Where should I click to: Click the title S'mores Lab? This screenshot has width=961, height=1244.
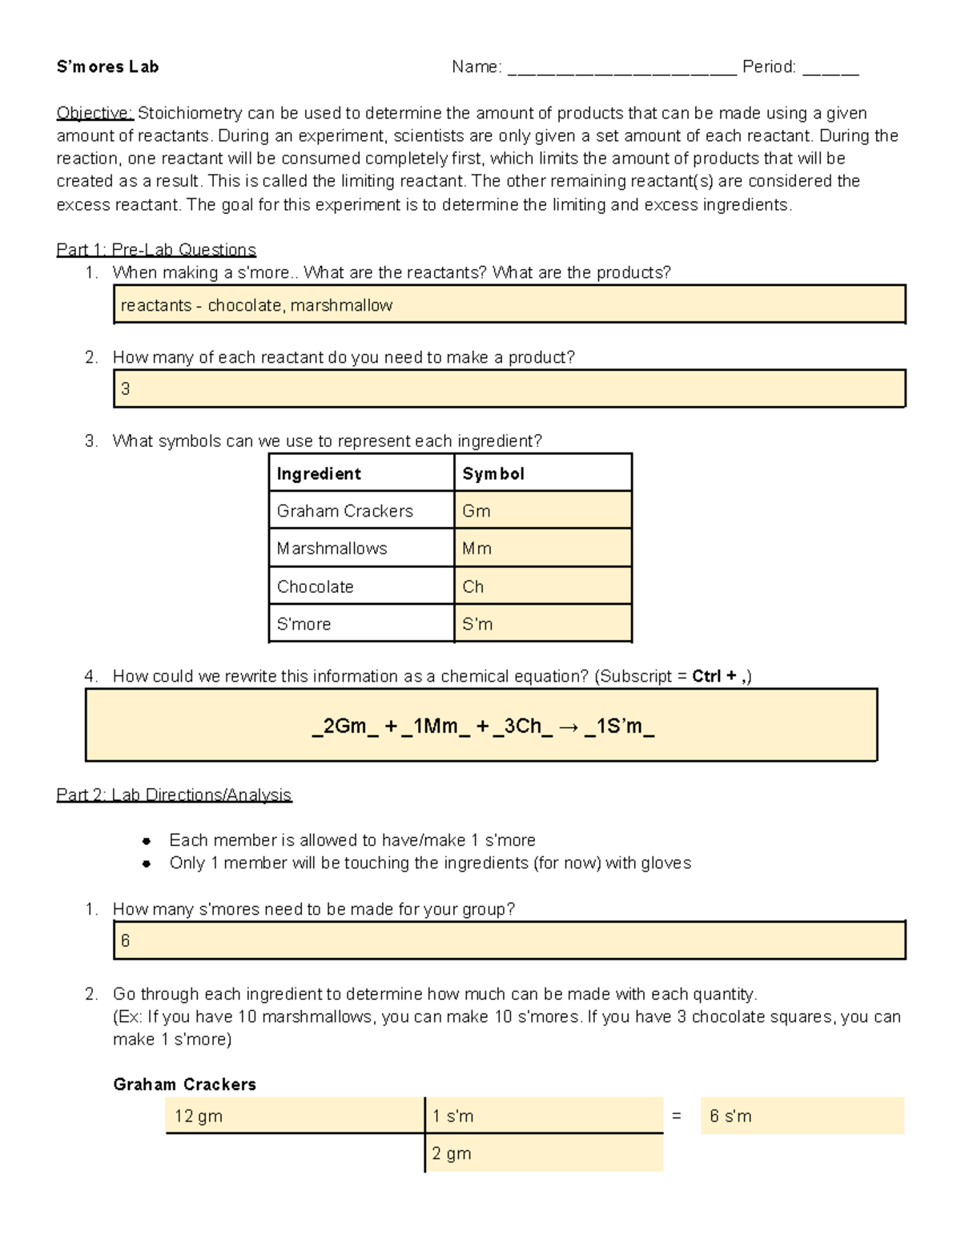[x=107, y=67]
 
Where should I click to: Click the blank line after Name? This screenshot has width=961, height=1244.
[x=621, y=69]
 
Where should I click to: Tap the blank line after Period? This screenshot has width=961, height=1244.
[x=830, y=69]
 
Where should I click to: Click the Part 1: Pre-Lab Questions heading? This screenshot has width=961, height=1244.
[x=156, y=250]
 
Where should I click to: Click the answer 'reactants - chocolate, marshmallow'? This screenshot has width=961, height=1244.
[x=256, y=305]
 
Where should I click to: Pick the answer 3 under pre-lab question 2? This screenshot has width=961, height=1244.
[x=126, y=389]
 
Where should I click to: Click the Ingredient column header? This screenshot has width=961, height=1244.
[x=319, y=473]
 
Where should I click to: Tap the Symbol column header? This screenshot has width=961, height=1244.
[x=493, y=473]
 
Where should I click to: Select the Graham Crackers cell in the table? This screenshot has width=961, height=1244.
[x=345, y=511]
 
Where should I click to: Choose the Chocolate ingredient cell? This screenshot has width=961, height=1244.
[x=316, y=586]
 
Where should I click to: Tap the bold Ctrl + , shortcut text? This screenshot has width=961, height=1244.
[x=720, y=676]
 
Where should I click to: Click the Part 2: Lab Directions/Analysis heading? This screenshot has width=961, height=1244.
[x=174, y=795]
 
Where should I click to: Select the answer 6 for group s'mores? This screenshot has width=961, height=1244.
[x=126, y=941]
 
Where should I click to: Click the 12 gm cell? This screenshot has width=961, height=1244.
[x=199, y=1116]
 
